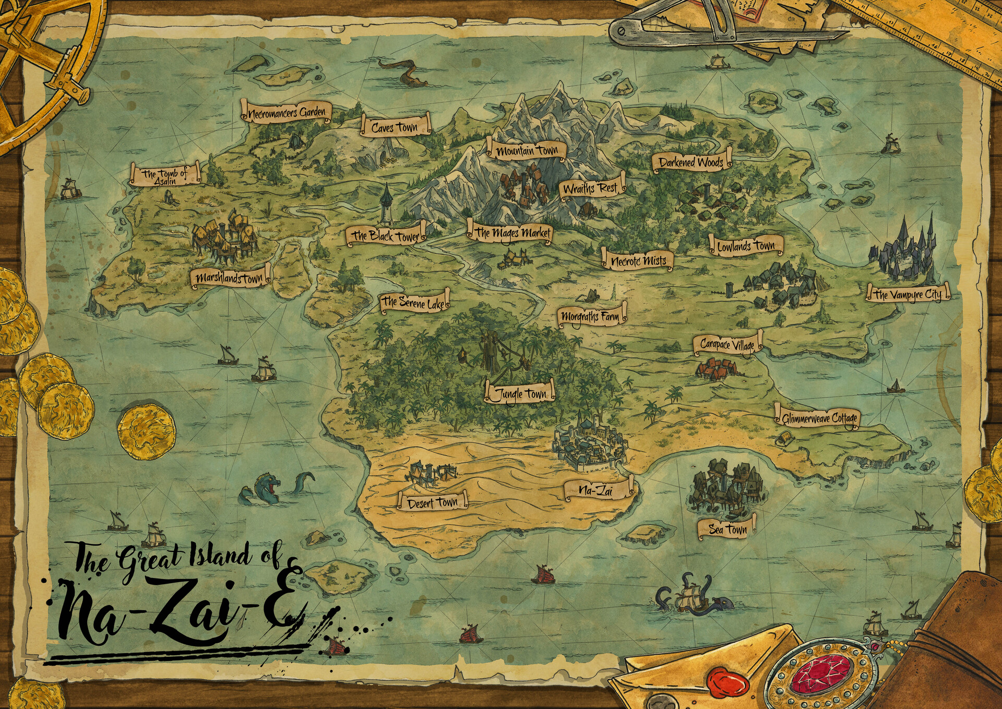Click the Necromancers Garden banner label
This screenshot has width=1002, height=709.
pyautogui.click(x=287, y=112)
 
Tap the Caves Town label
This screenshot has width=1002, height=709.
pyautogui.click(x=395, y=127)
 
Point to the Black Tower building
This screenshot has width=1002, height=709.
pyautogui.click(x=386, y=204)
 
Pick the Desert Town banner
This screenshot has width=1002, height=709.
pyautogui.click(x=433, y=503)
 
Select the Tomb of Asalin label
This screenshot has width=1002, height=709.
pyautogui.click(x=165, y=175)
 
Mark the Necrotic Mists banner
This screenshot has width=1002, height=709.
pyautogui.click(x=638, y=261)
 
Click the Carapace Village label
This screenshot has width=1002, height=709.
pyautogui.click(x=727, y=345)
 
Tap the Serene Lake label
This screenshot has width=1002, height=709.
pyautogui.click(x=414, y=302)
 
